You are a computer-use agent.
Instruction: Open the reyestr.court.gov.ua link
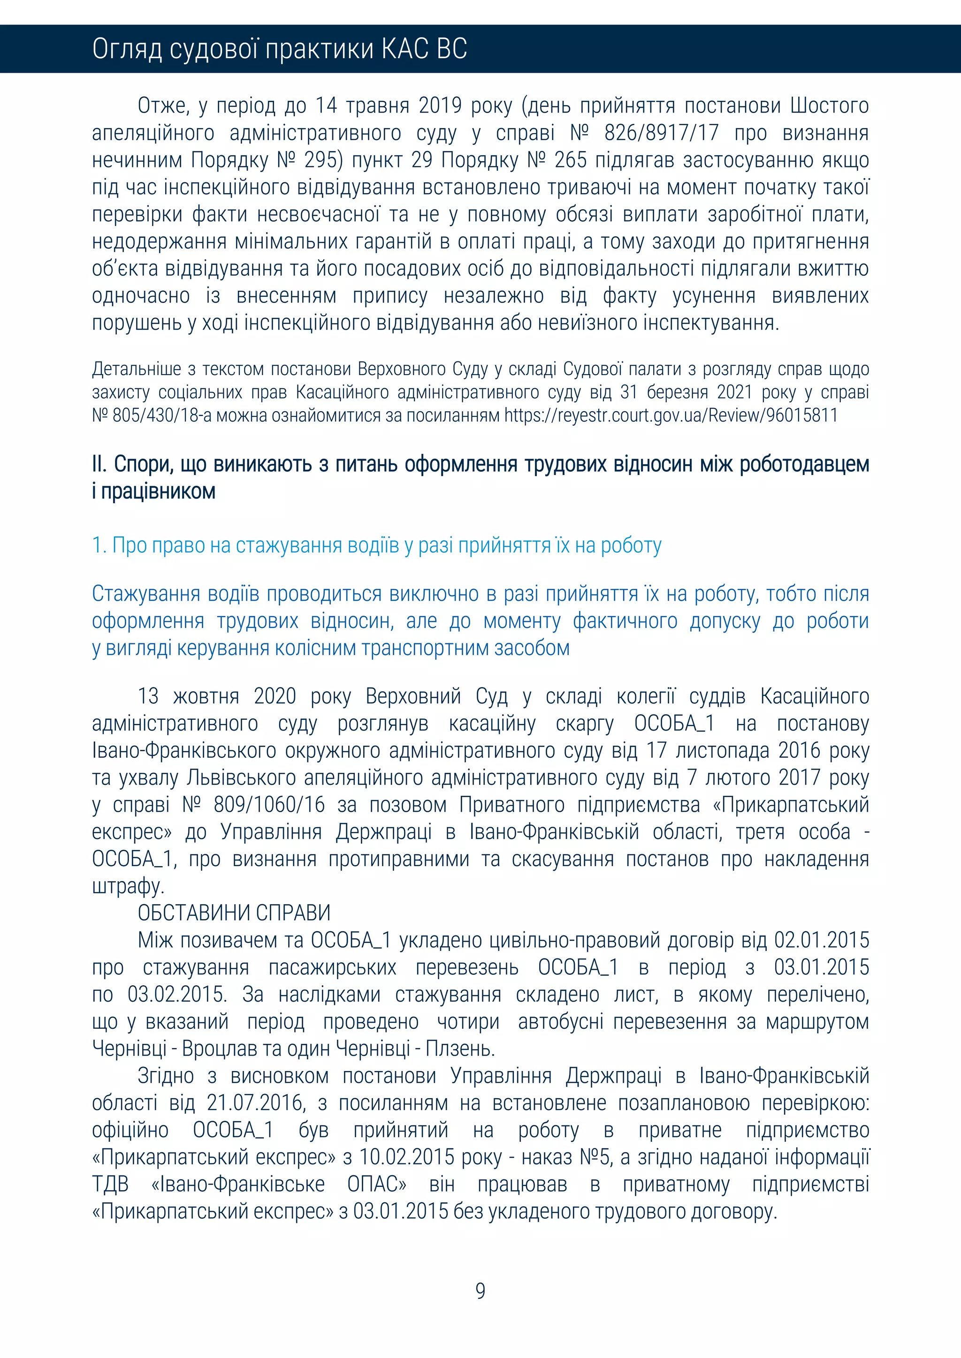click(x=671, y=415)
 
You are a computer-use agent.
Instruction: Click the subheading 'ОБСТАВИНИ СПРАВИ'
click(x=234, y=913)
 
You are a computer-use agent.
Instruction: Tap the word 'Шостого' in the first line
click(x=829, y=106)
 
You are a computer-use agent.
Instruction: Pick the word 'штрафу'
click(x=127, y=886)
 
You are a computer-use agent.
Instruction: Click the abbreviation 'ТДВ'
click(x=110, y=1184)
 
